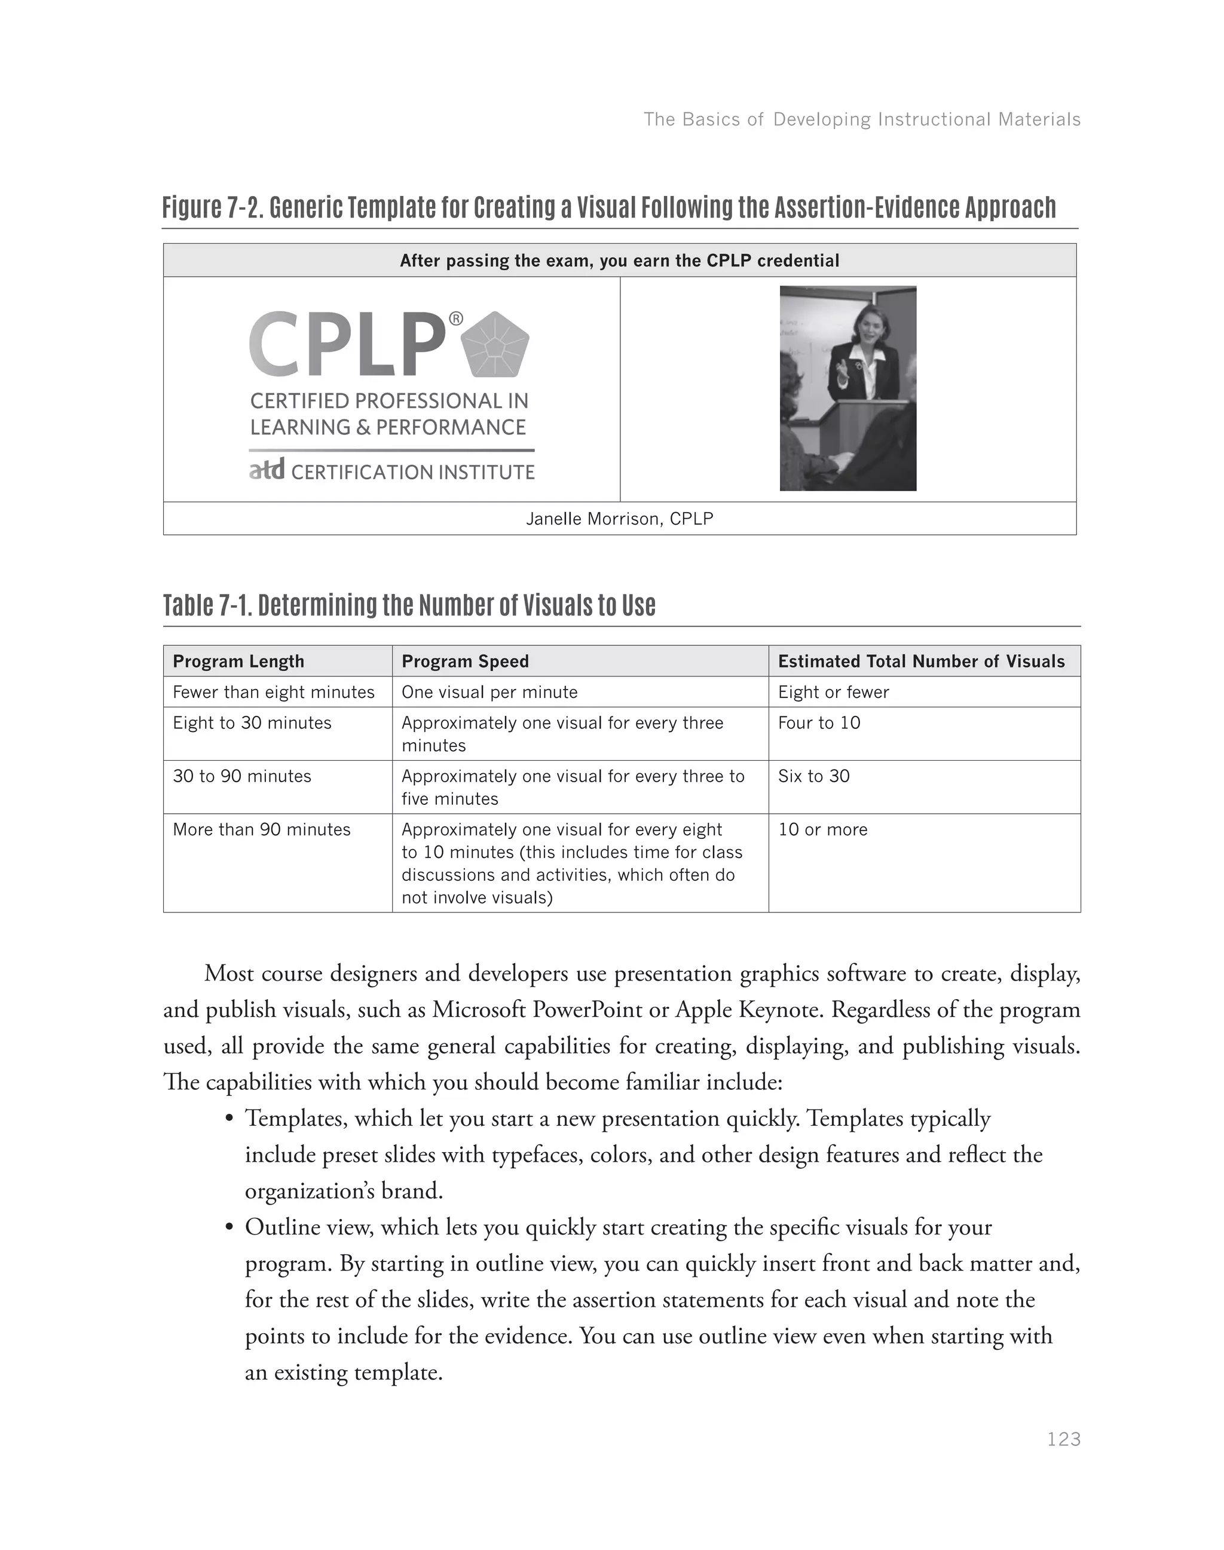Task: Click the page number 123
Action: point(1063,1439)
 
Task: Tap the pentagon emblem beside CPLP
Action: point(496,345)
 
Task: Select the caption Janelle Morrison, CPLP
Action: point(619,519)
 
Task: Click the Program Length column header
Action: point(238,661)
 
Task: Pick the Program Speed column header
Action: point(464,661)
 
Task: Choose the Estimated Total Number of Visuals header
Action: point(921,661)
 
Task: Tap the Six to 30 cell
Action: point(813,776)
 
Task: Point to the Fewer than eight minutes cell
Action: point(273,692)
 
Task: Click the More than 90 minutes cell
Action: point(262,830)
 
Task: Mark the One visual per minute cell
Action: point(489,692)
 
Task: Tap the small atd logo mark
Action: point(267,470)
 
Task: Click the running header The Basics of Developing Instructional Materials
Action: point(861,119)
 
